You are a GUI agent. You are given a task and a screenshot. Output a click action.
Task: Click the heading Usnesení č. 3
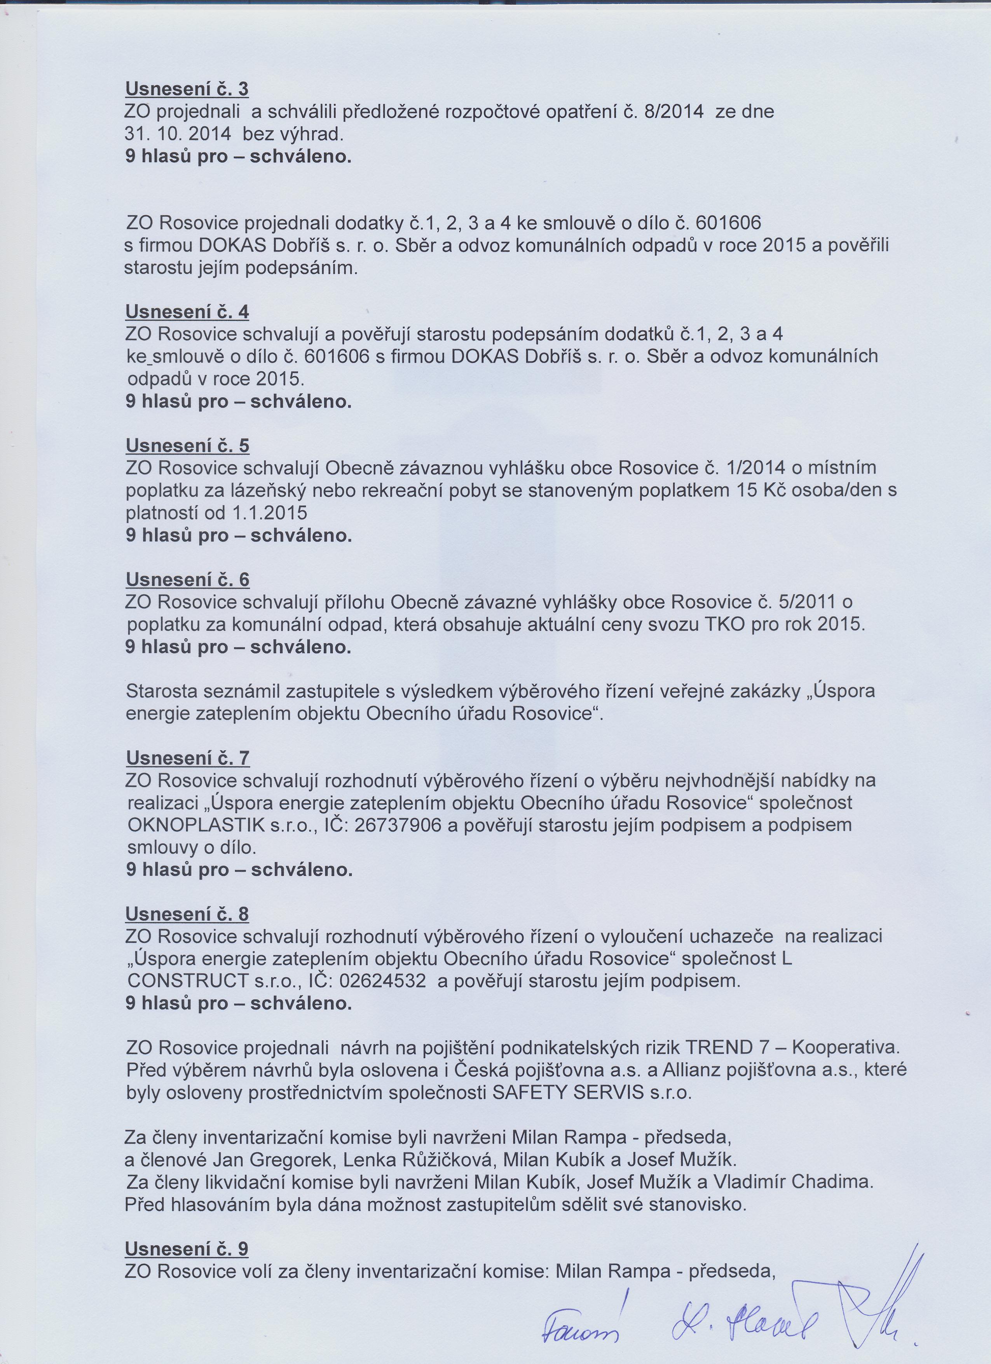coord(187,89)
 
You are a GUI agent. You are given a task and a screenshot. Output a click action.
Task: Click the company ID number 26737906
coord(399,825)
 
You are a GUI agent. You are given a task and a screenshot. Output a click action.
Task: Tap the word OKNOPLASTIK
coord(196,825)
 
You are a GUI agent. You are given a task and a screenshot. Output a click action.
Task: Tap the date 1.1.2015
coord(269,513)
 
